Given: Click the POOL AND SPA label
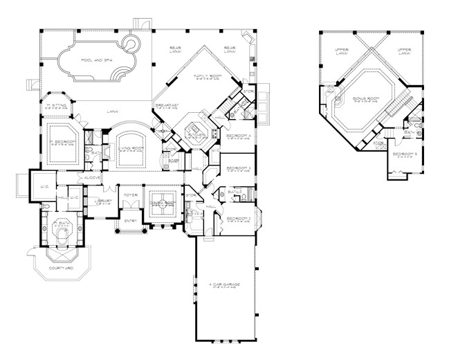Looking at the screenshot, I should coord(97,61).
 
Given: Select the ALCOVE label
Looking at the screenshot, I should coord(93,178).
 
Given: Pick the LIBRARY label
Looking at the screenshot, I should coord(104,201).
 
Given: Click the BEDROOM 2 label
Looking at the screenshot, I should coord(237,219).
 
